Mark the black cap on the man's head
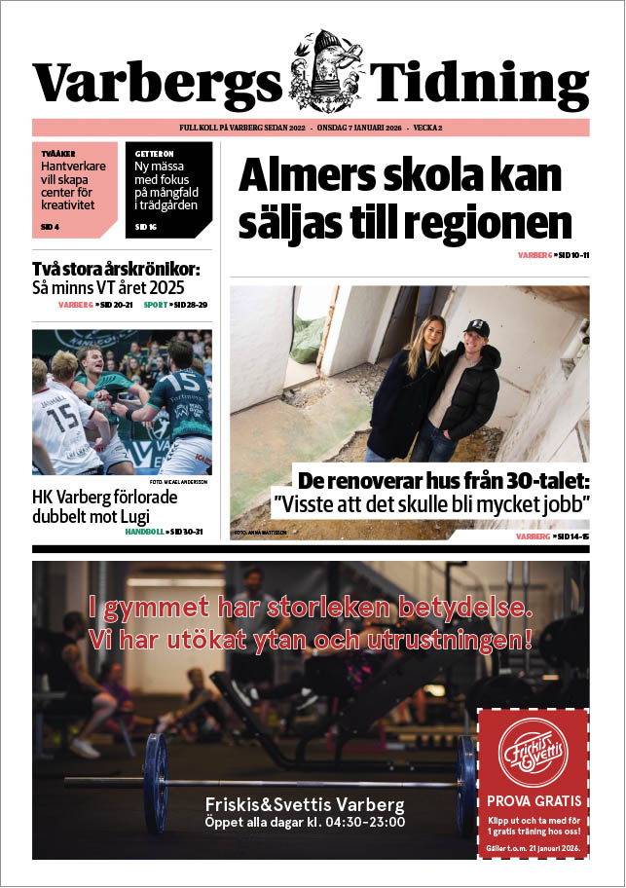pyautogui.click(x=476, y=329)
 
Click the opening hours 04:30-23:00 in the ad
pyautogui.click(x=364, y=823)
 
